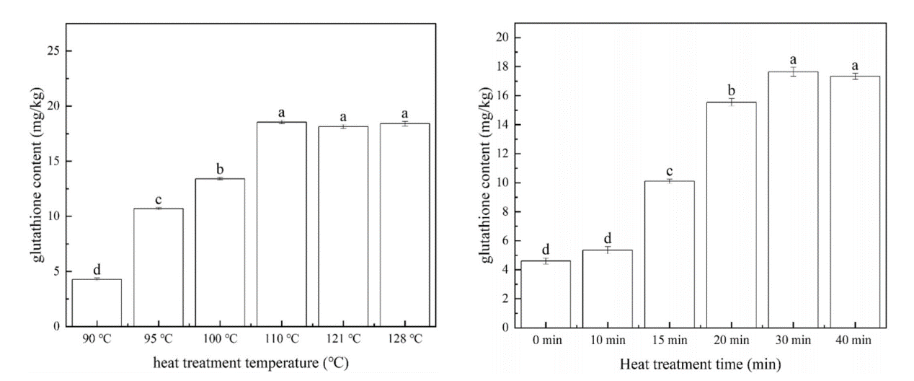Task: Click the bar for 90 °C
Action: (97, 302)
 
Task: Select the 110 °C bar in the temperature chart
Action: (282, 224)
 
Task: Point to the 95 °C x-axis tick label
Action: (159, 338)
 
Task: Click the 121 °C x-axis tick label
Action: (343, 338)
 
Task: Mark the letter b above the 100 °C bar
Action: (220, 169)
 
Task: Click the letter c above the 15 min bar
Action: (670, 170)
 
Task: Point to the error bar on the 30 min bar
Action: (793, 71)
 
